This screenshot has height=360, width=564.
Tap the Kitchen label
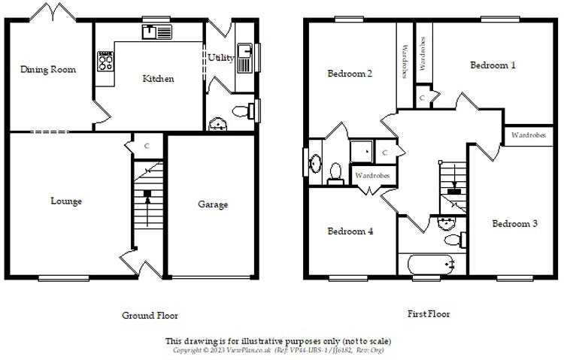click(x=158, y=78)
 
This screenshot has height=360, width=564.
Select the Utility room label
click(x=221, y=58)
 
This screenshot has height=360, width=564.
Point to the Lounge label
click(x=66, y=201)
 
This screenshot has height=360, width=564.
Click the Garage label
click(x=213, y=204)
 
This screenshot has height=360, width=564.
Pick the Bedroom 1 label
click(x=493, y=65)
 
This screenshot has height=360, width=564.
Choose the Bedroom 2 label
click(x=350, y=74)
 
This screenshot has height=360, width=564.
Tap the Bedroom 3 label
click(x=514, y=223)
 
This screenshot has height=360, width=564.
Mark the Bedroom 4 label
click(x=350, y=231)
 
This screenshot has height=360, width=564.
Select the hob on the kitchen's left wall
click(x=105, y=61)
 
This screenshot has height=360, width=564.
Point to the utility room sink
click(x=244, y=55)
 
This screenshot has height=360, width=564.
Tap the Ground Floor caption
click(x=150, y=316)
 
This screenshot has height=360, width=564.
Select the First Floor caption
click(x=429, y=314)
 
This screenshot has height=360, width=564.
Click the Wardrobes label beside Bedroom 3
click(x=529, y=135)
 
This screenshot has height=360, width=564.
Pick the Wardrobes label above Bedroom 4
click(x=371, y=176)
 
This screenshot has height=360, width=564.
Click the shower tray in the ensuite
click(x=362, y=150)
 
